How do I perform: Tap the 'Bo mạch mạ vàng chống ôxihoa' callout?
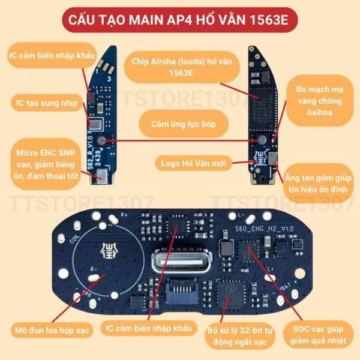click(x=321, y=101)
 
